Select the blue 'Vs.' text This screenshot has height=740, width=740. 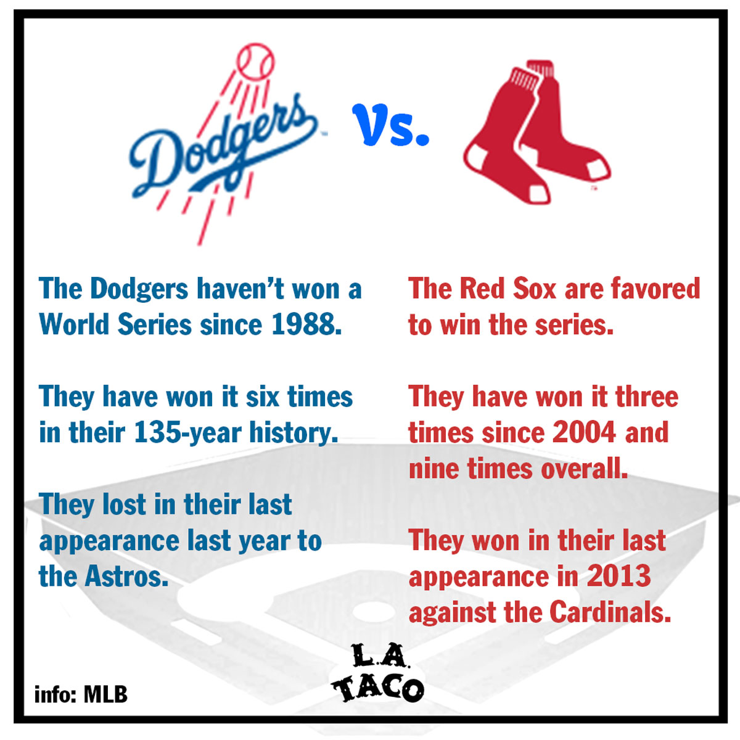point(390,125)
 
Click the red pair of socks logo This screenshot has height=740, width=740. point(537,132)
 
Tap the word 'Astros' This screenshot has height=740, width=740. point(127,577)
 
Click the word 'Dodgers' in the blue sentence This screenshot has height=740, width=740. point(139,289)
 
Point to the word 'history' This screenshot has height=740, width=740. point(294,433)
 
